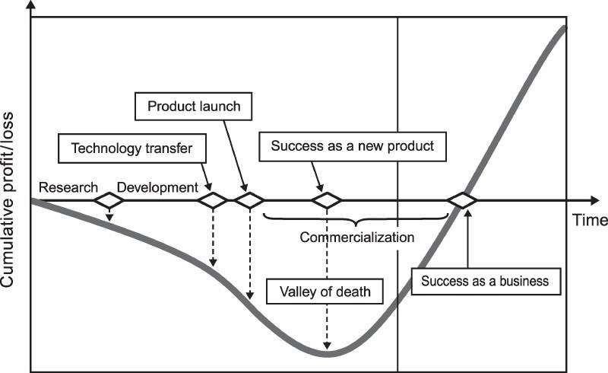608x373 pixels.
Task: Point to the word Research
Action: (68, 187)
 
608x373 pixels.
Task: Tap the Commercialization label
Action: (357, 237)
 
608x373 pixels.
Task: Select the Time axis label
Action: (591, 221)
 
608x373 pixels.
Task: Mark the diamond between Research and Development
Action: (109, 200)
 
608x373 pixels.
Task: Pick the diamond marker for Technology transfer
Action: (213, 200)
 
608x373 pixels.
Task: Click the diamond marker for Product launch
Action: (249, 200)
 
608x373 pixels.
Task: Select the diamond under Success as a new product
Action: (327, 200)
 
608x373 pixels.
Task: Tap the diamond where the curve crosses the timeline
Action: (461, 200)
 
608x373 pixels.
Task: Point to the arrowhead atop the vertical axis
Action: (31, 6)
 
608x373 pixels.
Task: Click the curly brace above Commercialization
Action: (356, 218)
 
